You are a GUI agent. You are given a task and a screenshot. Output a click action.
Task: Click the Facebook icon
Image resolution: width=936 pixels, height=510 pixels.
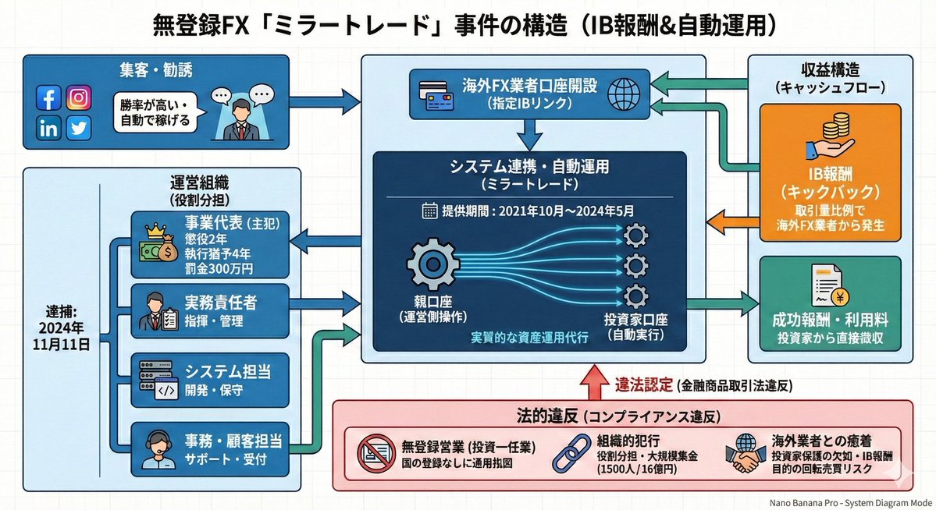48,98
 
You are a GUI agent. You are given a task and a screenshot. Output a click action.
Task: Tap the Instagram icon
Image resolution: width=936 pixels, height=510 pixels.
78,97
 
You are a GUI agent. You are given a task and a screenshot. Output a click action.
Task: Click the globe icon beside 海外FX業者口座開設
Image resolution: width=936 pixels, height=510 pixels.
624,91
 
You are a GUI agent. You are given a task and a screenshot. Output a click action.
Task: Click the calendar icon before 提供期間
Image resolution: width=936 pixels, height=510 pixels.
429,210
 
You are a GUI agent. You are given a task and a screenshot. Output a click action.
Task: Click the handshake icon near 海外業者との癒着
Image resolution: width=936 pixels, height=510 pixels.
741,457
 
